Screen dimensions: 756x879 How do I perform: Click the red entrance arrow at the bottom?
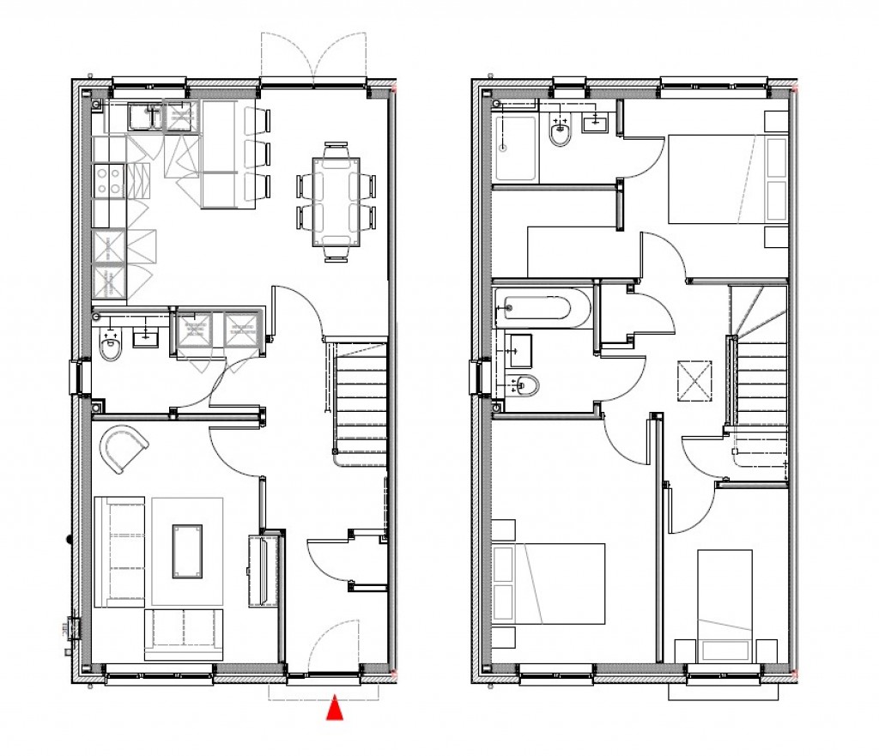point(336,710)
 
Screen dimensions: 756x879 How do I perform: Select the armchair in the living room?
point(123,446)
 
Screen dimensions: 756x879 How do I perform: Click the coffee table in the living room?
point(188,551)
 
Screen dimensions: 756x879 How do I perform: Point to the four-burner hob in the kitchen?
point(109,181)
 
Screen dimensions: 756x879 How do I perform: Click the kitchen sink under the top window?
point(144,116)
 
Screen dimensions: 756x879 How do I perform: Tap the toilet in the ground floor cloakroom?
point(110,347)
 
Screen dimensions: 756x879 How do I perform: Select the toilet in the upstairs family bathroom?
point(526,385)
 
